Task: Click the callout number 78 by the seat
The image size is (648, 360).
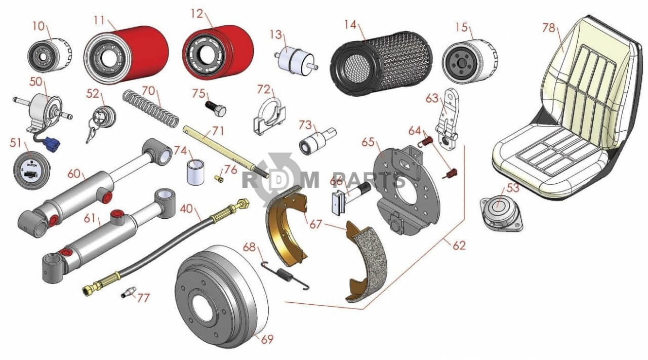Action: pos(549,28)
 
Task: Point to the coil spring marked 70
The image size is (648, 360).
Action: pos(151,108)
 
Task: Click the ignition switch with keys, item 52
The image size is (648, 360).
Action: pos(103,121)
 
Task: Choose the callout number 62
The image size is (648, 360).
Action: pos(459,246)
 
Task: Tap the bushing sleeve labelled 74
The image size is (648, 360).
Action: pos(195,173)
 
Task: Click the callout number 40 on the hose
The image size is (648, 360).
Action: pos(186,209)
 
